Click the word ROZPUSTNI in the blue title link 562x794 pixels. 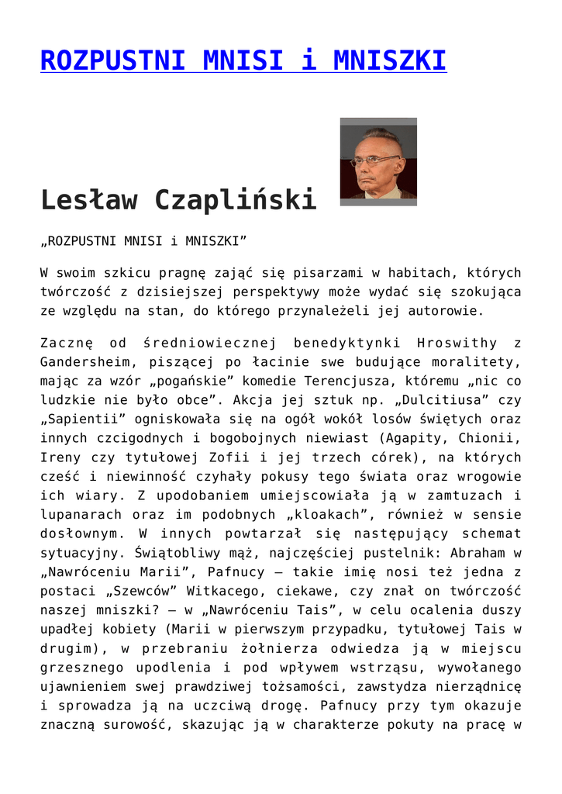click(x=112, y=60)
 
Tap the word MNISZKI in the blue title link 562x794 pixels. click(x=389, y=60)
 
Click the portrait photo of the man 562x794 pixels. click(x=378, y=161)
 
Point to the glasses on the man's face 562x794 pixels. click(x=376, y=161)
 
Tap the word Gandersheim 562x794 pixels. click(x=85, y=361)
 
